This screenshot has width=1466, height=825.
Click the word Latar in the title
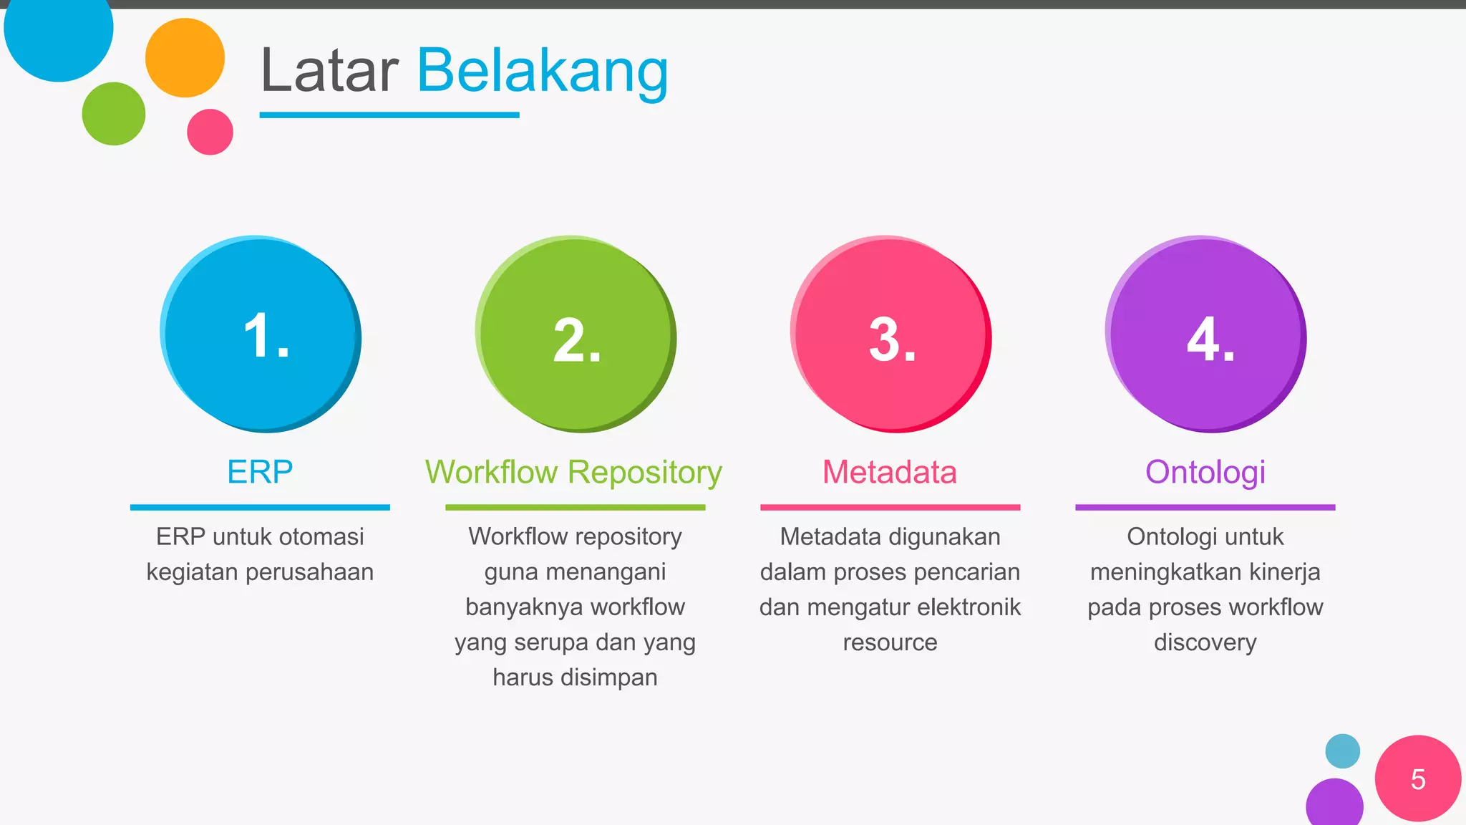pyautogui.click(x=329, y=71)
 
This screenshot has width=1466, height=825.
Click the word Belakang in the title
pyautogui.click(x=542, y=71)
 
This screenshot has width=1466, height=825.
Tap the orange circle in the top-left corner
pyautogui.click(x=185, y=58)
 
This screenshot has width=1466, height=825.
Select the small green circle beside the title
pyautogui.click(x=114, y=114)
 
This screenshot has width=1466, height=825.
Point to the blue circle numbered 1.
pyautogui.click(x=261, y=334)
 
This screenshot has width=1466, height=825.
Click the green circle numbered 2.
pyautogui.click(x=576, y=334)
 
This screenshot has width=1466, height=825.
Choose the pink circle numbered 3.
pyautogui.click(x=890, y=334)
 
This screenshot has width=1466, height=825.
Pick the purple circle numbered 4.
pyautogui.click(x=1205, y=334)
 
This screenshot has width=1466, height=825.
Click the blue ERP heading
pyautogui.click(x=260, y=472)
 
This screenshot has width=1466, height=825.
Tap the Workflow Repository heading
pyautogui.click(x=574, y=472)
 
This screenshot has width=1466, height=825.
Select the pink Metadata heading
pyautogui.click(x=890, y=472)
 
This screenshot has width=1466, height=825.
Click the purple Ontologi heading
pyautogui.click(x=1205, y=472)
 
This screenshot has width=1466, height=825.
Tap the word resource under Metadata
pyautogui.click(x=890, y=642)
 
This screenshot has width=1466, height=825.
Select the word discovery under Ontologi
pyautogui.click(x=1205, y=642)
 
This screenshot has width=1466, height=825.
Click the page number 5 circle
pyautogui.click(x=1417, y=778)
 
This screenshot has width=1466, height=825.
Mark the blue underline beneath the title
pyautogui.click(x=389, y=115)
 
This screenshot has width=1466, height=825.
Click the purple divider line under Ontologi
pyautogui.click(x=1205, y=507)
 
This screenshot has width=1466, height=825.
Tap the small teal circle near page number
pyautogui.click(x=1342, y=751)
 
